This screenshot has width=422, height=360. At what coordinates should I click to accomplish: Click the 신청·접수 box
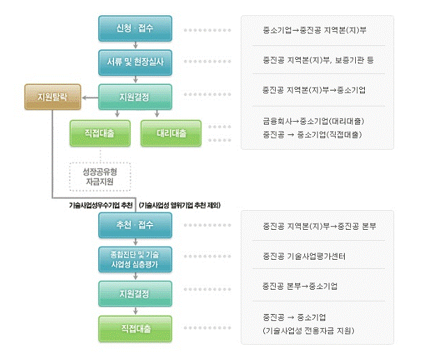[135, 30]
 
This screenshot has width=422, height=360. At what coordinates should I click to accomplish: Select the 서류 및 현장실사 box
[135, 61]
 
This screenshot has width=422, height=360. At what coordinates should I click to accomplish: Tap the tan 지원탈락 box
[52, 97]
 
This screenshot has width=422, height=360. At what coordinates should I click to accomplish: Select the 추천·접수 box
[135, 225]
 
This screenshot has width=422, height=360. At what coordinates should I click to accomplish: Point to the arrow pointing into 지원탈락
[89, 98]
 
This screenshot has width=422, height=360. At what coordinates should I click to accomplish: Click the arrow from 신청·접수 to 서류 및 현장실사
[135, 45]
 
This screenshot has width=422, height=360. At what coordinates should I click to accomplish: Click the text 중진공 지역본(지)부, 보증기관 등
[313, 61]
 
